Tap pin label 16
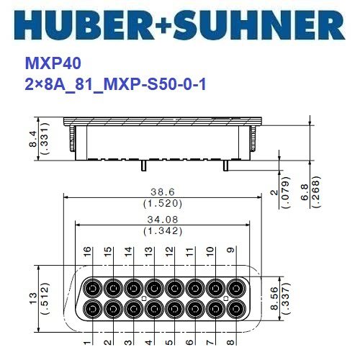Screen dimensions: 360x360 point(88,253)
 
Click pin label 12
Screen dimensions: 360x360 point(170,253)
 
